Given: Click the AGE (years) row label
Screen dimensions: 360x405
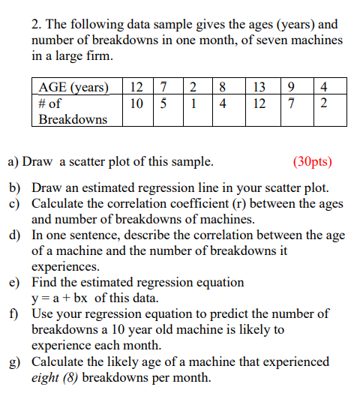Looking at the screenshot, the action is [73, 87].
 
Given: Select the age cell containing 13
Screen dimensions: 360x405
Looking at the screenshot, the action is [259, 87].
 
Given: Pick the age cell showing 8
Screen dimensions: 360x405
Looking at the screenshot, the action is [223, 87].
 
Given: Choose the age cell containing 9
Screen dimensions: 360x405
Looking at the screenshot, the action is [293, 87].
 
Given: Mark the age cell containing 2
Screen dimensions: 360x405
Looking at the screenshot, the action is [193, 87].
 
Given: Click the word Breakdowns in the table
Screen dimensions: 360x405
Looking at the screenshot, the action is [73, 119].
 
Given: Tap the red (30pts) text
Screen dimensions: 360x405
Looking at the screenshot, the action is [311, 161].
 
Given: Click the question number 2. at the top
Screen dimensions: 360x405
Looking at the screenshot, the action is [37, 23].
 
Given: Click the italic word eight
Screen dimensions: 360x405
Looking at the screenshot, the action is [46, 377].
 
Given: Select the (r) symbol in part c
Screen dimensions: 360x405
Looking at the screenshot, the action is [225, 203].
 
